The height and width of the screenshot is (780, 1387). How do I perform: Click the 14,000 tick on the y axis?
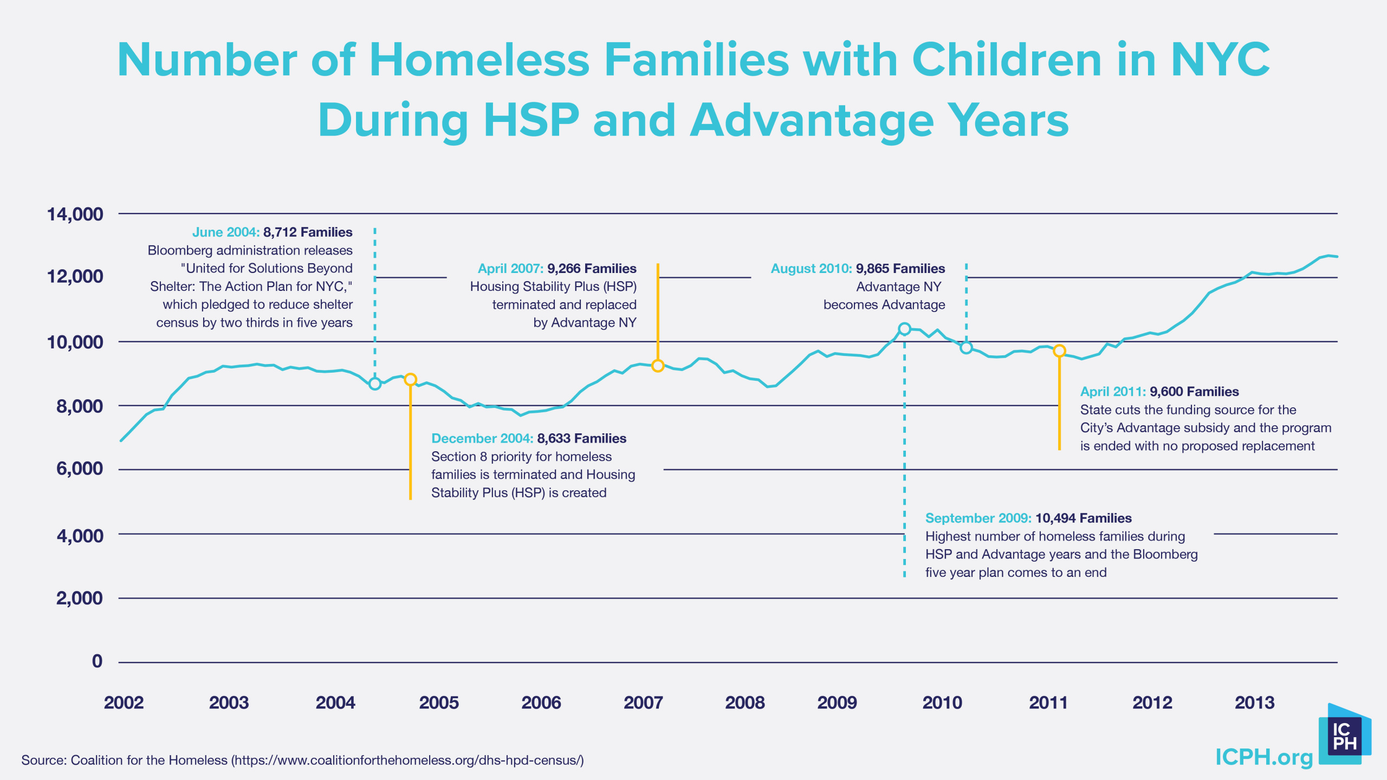[75, 214]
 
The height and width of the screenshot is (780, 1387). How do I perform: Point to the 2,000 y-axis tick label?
[79, 598]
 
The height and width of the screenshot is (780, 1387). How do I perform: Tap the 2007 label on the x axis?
[643, 703]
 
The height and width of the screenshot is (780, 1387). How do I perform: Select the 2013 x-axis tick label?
[1254, 703]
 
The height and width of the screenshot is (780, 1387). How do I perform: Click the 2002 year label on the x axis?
[124, 703]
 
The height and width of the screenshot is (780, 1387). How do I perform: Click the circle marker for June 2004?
[374, 383]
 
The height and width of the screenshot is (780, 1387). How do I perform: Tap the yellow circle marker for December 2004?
[410, 379]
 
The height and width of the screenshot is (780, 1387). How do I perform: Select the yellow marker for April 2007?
[658, 366]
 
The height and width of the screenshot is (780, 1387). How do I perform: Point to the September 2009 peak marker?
[904, 329]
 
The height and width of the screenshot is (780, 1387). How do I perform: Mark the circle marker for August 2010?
[966, 348]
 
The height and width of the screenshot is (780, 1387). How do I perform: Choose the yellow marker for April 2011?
[1059, 351]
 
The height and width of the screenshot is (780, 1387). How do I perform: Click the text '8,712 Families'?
[308, 232]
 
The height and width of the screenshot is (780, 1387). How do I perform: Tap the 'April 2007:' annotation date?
[510, 268]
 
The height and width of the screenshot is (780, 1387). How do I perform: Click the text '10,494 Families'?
[1083, 518]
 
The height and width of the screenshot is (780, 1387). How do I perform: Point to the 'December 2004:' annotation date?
[482, 438]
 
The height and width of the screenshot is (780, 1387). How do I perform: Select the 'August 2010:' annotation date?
[811, 268]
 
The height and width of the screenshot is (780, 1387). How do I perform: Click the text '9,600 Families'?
[1194, 391]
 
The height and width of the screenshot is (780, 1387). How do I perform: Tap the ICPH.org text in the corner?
[1263, 757]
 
